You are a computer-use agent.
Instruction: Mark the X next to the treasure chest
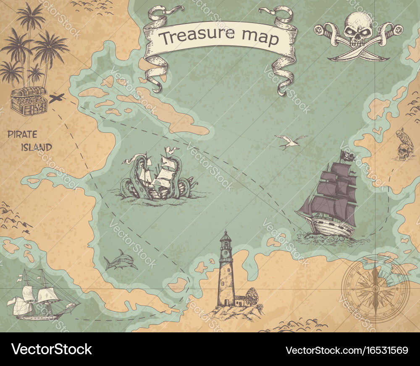click(56, 98)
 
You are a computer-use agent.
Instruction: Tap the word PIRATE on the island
click(22, 135)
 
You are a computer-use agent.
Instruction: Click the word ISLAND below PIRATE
click(37, 147)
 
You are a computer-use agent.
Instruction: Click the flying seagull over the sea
click(290, 142)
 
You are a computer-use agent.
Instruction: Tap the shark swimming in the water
click(121, 261)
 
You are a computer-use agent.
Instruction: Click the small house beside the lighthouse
click(240, 300)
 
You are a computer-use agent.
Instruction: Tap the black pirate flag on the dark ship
click(348, 157)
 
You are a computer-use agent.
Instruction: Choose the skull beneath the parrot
click(402, 153)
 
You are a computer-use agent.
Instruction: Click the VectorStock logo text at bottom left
click(52, 350)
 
